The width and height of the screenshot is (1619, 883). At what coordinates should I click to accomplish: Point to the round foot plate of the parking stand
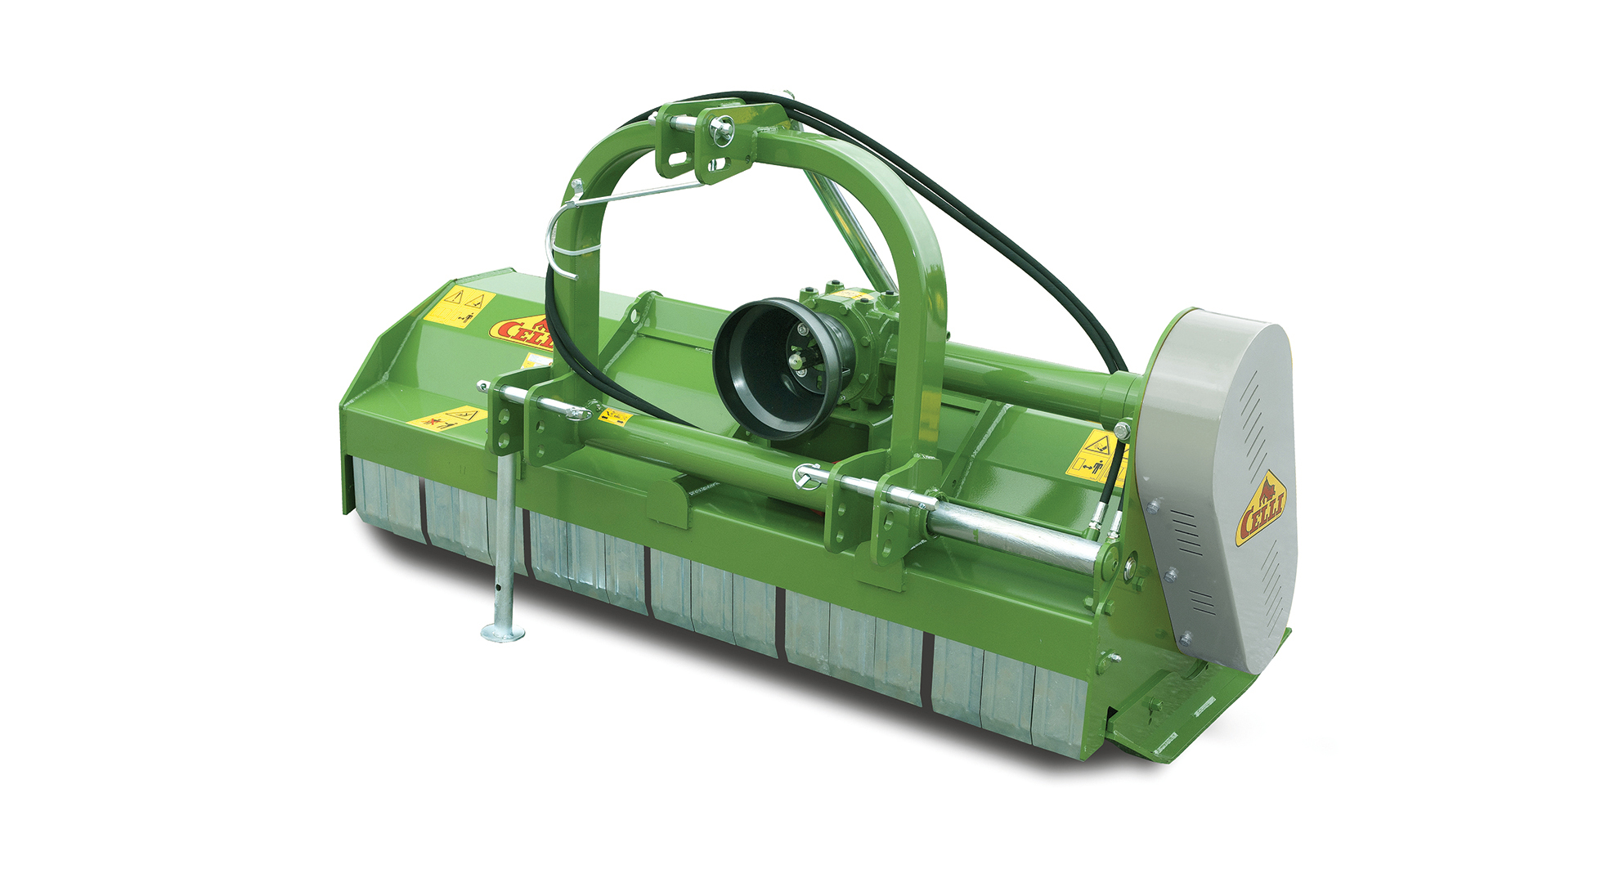click(503, 632)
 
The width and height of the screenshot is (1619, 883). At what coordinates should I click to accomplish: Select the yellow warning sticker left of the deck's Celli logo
click(460, 306)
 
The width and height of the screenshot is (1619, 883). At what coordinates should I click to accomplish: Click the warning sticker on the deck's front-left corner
click(446, 419)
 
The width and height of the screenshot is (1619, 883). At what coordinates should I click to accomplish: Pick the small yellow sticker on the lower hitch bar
click(614, 417)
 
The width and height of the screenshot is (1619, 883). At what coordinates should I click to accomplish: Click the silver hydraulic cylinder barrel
click(1014, 536)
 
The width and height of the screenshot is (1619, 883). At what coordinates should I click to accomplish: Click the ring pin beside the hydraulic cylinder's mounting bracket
click(808, 475)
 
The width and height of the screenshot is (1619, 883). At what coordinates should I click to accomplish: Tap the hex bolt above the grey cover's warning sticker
click(1121, 428)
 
